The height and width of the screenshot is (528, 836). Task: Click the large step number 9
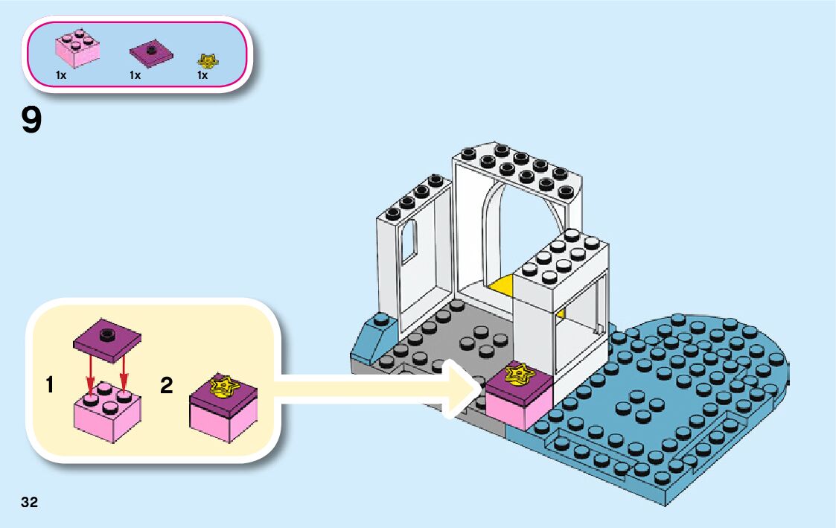pyautogui.click(x=31, y=121)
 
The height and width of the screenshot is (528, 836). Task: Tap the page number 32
pyautogui.click(x=30, y=502)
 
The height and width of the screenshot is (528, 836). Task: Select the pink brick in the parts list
pyautogui.click(x=77, y=51)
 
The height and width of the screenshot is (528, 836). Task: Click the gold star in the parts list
pyautogui.click(x=205, y=60)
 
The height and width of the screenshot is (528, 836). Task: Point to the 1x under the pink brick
pyautogui.click(x=61, y=75)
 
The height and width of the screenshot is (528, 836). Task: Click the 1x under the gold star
pyautogui.click(x=202, y=75)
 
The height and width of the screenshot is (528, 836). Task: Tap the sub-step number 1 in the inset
pyautogui.click(x=49, y=385)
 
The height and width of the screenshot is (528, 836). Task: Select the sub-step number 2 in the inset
pyautogui.click(x=167, y=385)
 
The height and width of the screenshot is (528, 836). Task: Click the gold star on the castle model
pyautogui.click(x=519, y=375)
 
